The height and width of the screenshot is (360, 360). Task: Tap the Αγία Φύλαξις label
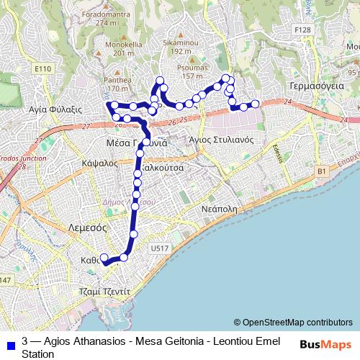tap(52, 109)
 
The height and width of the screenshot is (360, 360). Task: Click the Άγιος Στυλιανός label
tap(220, 140)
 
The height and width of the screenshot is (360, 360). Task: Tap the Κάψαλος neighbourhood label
tap(100, 163)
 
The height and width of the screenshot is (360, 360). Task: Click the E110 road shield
tap(43, 69)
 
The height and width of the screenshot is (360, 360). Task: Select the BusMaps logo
tap(326, 344)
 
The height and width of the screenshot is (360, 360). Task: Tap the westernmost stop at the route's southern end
tap(104, 258)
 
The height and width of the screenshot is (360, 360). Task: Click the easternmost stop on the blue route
tap(254, 106)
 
